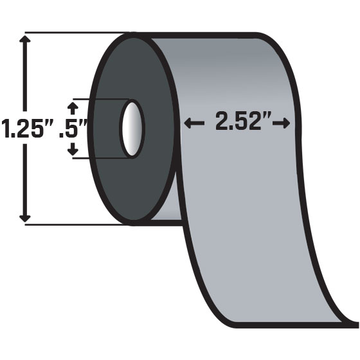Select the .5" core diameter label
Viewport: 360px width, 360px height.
click(x=72, y=127)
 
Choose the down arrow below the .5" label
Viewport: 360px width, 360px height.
click(x=72, y=151)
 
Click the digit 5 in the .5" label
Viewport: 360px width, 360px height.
click(x=76, y=127)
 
